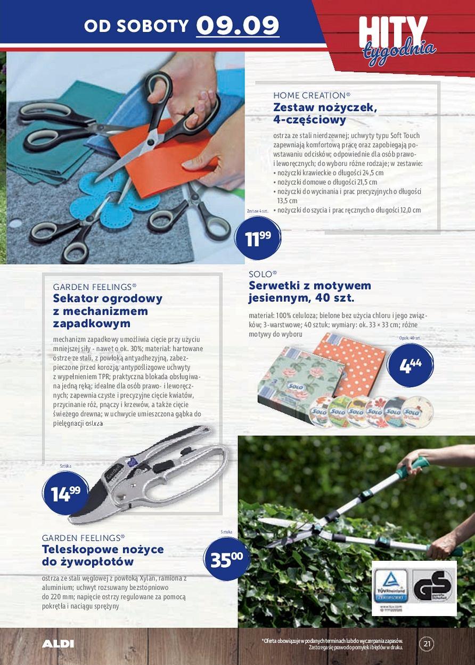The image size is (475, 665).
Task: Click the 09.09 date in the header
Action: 238,25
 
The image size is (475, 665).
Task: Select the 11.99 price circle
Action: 258,239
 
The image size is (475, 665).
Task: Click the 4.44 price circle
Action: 410,365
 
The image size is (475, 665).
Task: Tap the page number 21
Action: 427,644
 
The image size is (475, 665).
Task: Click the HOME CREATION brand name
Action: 312,95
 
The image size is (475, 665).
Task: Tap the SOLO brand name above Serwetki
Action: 263,274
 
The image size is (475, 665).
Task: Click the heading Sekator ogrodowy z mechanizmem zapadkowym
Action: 108,311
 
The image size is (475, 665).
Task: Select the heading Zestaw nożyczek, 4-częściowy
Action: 325,113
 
